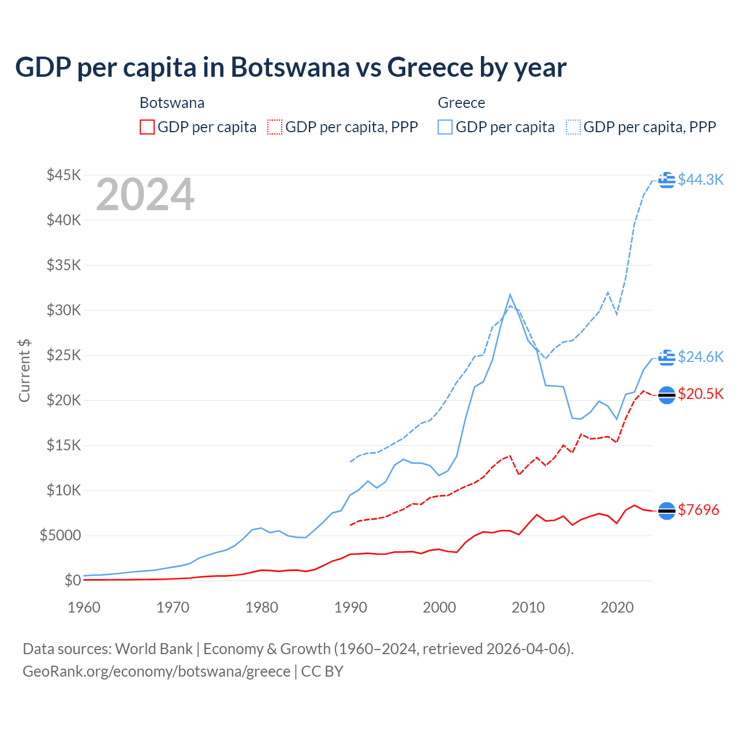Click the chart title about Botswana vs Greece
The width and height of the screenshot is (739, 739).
tap(290, 68)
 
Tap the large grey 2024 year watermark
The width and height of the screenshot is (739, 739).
tap(145, 195)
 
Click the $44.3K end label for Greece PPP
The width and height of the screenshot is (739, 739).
tap(700, 180)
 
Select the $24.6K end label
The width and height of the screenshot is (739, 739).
tap(700, 357)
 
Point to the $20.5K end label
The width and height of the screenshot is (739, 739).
tap(700, 394)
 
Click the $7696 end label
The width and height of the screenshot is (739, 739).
tap(698, 510)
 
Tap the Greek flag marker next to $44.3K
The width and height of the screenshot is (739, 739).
tap(667, 180)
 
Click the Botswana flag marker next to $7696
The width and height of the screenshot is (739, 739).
tap(667, 510)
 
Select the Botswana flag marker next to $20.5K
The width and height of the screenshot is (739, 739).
tap(667, 395)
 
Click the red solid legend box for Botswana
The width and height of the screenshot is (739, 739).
tap(147, 127)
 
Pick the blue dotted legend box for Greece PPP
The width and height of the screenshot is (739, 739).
tap(573, 127)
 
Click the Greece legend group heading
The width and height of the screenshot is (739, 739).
tap(461, 103)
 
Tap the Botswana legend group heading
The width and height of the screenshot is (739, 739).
tap(172, 103)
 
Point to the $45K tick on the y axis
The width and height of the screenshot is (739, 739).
tap(64, 175)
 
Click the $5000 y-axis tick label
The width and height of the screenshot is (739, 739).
tap(60, 535)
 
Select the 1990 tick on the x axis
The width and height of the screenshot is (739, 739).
tap(350, 607)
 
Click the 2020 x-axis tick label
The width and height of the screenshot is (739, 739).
tap(617, 607)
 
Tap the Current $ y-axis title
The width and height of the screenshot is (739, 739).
tap(24, 370)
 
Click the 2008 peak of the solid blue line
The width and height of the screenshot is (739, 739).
tap(510, 294)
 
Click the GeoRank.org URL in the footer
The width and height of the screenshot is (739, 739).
tap(156, 671)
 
